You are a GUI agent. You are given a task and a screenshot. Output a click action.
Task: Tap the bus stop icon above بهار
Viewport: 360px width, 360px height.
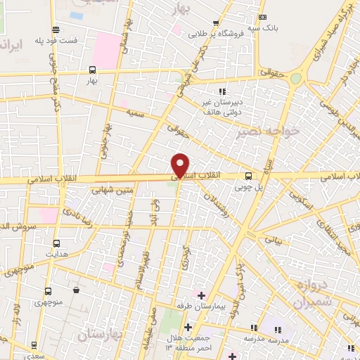pos(92,69)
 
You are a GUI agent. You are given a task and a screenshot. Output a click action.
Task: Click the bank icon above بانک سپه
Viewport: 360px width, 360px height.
pos(263,17)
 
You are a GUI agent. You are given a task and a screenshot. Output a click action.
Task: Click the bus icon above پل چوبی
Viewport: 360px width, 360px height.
pos(247,176)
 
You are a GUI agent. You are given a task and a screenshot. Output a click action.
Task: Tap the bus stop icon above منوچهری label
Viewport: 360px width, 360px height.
pos(48,290)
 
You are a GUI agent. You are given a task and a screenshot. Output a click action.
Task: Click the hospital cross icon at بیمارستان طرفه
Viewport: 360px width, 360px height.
pos(200,295)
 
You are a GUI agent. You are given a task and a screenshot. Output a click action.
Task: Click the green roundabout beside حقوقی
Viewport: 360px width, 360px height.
pos(296,79)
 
